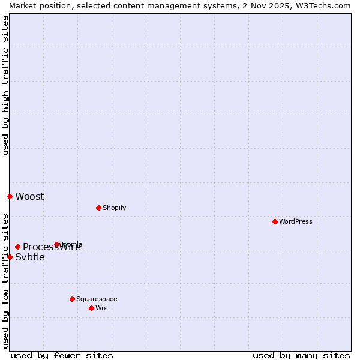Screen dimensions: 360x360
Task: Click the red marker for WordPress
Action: [275, 221]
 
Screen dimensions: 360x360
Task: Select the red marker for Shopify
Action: [98, 208]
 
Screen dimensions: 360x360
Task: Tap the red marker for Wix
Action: [91, 308]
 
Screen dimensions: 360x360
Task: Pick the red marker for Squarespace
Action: [72, 299]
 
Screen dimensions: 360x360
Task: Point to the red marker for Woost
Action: [10, 196]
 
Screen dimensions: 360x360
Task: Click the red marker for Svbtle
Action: [10, 257]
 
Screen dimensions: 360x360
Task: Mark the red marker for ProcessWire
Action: [17, 247]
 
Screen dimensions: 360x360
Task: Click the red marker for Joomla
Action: [56, 244]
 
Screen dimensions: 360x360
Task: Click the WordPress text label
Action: [296, 221]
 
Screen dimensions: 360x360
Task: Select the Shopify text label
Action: [114, 208]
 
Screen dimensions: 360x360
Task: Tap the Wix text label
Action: [101, 308]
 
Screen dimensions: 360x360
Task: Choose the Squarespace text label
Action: [97, 299]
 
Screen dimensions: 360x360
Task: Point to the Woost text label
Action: [29, 196]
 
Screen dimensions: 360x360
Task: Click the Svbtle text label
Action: [30, 257]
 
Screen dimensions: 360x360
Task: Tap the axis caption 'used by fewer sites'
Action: [62, 355]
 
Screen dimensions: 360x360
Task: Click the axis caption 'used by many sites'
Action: [301, 355]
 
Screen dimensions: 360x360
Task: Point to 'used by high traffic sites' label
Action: [5, 85]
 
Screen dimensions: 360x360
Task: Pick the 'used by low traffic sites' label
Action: [5, 281]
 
